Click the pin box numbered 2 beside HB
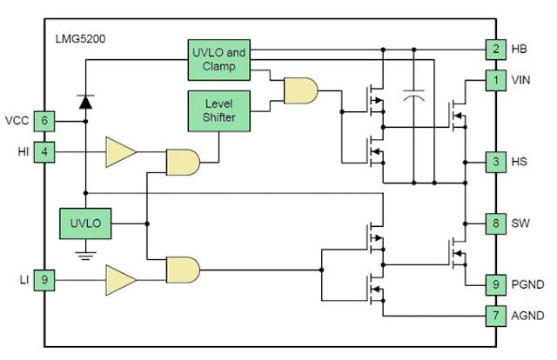[496, 49]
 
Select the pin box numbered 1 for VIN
[496, 81]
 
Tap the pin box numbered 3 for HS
[496, 162]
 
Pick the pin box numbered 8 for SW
[496, 223]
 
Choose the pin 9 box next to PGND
[496, 282]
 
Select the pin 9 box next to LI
[44, 280]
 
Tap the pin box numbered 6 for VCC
[44, 121]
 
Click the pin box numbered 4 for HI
[44, 151]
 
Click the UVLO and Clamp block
[218, 58]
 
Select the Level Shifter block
[218, 110]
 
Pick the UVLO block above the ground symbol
[85, 223]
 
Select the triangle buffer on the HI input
[121, 151]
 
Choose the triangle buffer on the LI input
[121, 280]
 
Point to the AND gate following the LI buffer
[182, 270]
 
